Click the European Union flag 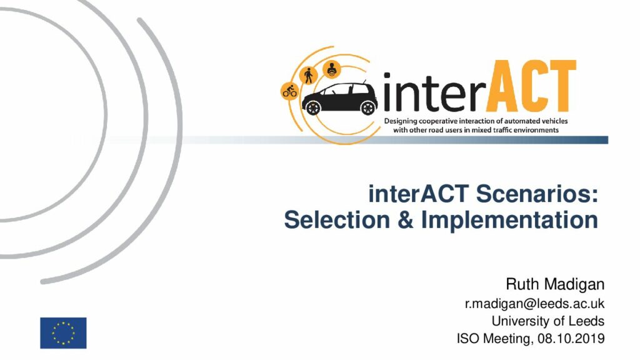coord(63,333)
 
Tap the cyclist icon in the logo coord(290,91)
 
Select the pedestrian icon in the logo coord(309,76)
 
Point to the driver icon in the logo coord(332,69)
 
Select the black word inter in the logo coord(434,92)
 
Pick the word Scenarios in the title coord(537,194)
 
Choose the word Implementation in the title coord(509,221)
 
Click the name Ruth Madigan coord(555,284)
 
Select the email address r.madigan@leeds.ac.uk coord(535,304)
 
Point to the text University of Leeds coord(547,321)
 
